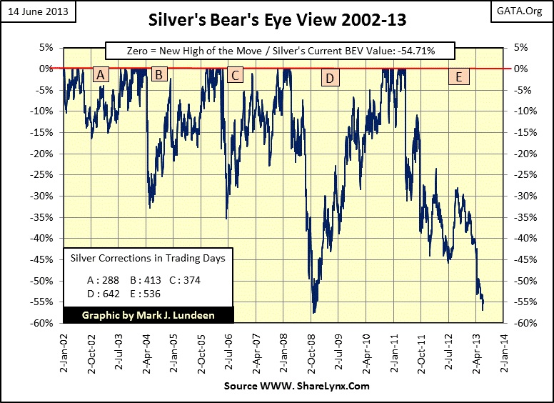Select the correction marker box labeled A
point(101,74)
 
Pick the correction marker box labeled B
point(159,74)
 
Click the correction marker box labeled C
point(235,74)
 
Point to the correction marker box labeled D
point(329,78)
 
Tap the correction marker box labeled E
point(458,77)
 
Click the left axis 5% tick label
point(46,48)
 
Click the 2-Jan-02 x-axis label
point(64,350)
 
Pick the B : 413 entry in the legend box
point(146,280)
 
